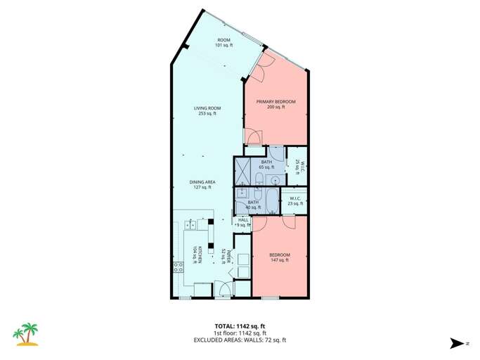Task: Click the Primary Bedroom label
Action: (x=275, y=104)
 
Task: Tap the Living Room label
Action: (x=207, y=110)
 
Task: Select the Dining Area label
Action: (x=202, y=185)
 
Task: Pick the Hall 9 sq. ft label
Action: (x=243, y=222)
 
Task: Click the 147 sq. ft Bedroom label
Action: (x=279, y=257)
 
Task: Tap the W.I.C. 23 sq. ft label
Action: (x=295, y=201)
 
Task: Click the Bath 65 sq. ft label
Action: (x=266, y=165)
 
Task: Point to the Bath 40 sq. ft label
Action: (x=253, y=205)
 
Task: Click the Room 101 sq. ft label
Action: (x=223, y=42)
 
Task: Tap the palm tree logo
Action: (x=27, y=335)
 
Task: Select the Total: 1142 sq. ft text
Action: (x=240, y=326)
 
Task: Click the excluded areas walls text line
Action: (x=240, y=340)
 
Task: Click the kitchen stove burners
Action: (x=179, y=268)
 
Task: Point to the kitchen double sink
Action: (x=191, y=225)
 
